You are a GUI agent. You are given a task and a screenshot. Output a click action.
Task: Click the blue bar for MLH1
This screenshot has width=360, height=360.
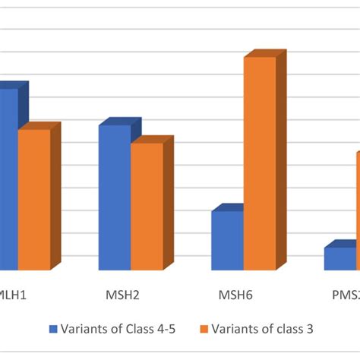click(x=8, y=178)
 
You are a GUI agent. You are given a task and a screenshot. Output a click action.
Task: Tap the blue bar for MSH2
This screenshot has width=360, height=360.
click(x=115, y=197)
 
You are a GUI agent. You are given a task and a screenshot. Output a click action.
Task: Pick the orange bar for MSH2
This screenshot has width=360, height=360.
click(x=147, y=206)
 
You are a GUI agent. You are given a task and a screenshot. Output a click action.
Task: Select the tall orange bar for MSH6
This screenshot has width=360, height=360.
click(x=260, y=163)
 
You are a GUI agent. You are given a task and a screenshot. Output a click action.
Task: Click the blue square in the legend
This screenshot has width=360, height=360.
click(x=53, y=329)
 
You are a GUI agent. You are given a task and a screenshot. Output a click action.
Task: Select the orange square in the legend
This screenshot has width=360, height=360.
click(x=204, y=329)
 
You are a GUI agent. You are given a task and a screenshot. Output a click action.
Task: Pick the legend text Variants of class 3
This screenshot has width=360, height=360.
click(x=262, y=329)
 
